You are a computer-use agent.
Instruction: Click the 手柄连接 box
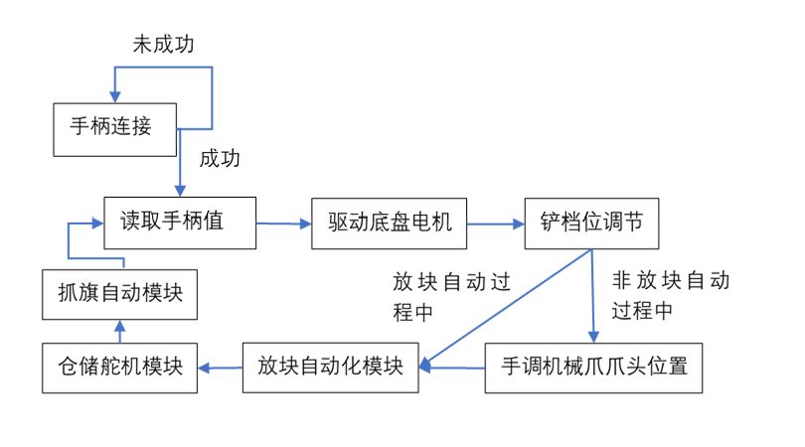point(114,129)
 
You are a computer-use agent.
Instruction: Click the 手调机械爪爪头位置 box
point(594,366)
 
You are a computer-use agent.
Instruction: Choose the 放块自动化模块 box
point(330,366)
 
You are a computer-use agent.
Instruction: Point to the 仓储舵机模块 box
point(119,366)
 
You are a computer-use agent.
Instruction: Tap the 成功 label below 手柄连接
point(220,159)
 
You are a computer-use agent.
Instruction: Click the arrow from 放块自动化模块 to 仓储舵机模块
point(220,367)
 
